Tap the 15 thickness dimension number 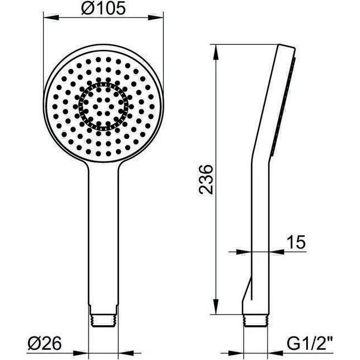click(295, 242)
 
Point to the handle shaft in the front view click(103, 236)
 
